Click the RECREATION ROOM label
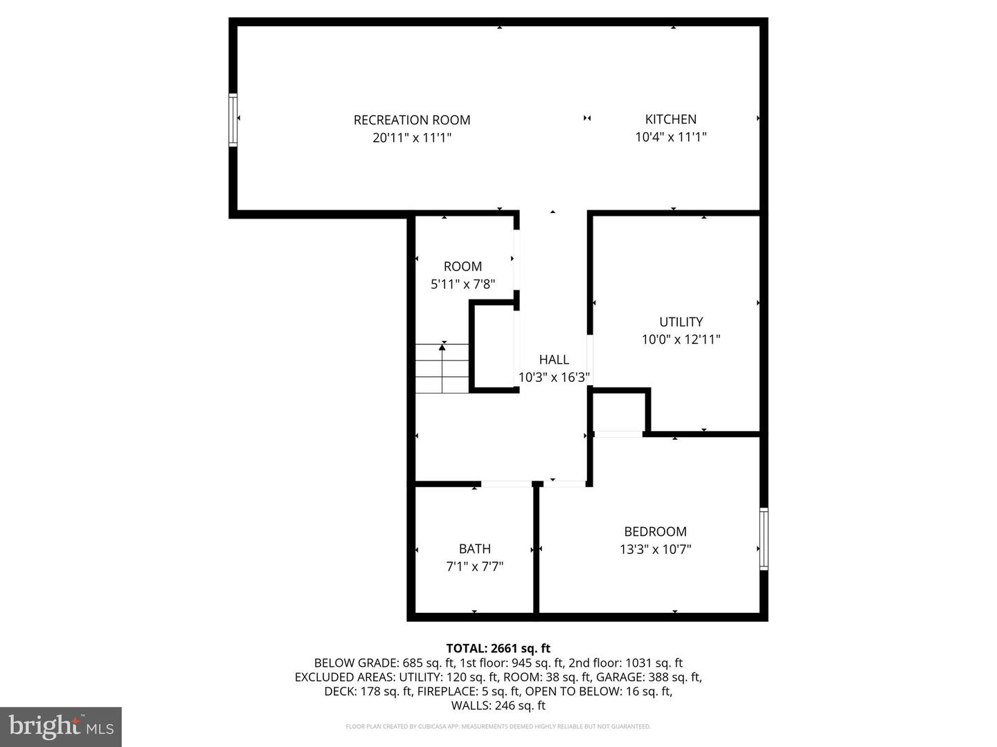[x=412, y=120]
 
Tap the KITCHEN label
[x=670, y=119]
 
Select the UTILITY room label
[x=681, y=322]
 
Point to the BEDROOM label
[x=655, y=531]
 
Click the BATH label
[x=474, y=548]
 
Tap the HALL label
[x=554, y=359]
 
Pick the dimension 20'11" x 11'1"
[x=412, y=137]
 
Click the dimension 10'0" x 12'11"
[x=681, y=340]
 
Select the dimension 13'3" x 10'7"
[x=655, y=549]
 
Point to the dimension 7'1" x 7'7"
[x=474, y=566]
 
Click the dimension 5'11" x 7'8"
[x=462, y=284]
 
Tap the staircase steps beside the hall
[x=442, y=369]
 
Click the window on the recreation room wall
[x=233, y=120]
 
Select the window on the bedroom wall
[x=764, y=539]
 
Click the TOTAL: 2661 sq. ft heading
[x=498, y=648]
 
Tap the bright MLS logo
[x=61, y=726]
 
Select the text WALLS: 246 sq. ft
[x=498, y=705]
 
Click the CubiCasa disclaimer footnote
[x=498, y=726]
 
